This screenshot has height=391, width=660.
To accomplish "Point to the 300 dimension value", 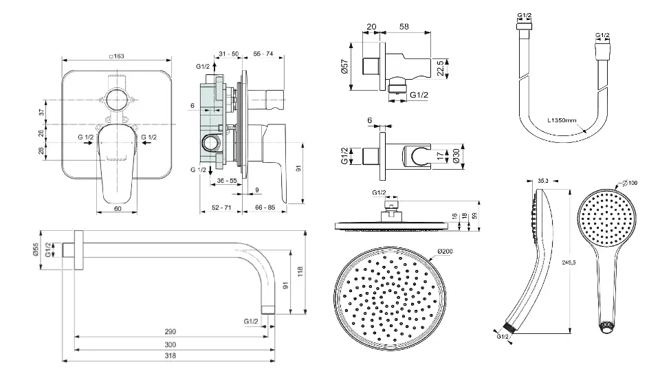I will pyautogui.click(x=170, y=344).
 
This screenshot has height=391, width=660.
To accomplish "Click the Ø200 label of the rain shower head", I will pyautogui.click(x=446, y=252).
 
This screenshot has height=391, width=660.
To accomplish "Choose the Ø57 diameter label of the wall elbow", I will pyautogui.click(x=344, y=66).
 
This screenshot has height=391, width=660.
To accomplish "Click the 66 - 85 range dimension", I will pyautogui.click(x=264, y=206).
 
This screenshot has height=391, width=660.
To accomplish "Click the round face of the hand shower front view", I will pyautogui.click(x=604, y=219).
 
